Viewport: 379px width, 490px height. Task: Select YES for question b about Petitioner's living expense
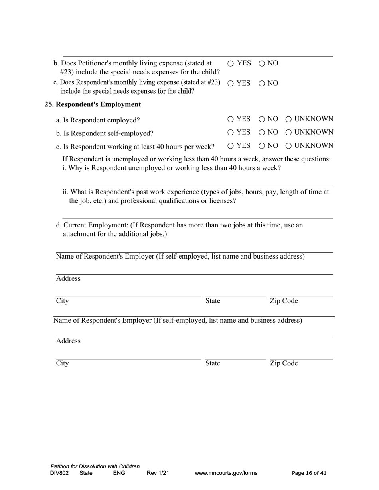[x=231, y=63]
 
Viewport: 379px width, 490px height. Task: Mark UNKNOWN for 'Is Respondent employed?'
[x=288, y=119]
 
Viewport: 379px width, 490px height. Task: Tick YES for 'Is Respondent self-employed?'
[x=231, y=132]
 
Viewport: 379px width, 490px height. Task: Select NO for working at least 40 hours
[x=262, y=146]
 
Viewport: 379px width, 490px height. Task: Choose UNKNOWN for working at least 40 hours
[x=288, y=146]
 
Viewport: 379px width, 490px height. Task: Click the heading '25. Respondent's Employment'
[x=93, y=104]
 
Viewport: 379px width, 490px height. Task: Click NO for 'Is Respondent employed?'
[x=262, y=119]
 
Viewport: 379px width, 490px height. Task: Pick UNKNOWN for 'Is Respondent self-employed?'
[x=288, y=132]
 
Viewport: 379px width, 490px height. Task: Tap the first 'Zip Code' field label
[x=284, y=301]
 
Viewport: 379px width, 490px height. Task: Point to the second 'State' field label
[x=213, y=363]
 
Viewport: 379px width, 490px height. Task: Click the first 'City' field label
[x=62, y=301]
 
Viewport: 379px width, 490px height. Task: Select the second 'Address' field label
[x=68, y=341]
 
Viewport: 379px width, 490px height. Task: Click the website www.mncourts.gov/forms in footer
[x=226, y=473]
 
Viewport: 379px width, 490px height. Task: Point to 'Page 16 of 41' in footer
[x=309, y=473]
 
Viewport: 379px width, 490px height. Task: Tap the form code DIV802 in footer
[x=59, y=473]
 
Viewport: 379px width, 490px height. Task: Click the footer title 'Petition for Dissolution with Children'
[x=95, y=466]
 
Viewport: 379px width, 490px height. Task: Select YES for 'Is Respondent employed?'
[x=231, y=119]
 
